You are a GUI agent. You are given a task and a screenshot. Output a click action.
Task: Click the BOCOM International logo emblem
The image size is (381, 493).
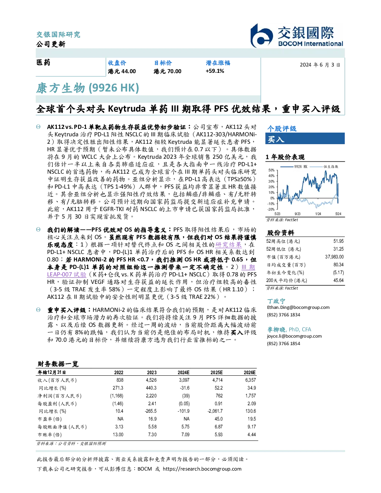(261, 36)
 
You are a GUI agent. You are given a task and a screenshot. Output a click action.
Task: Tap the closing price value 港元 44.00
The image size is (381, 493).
(122, 71)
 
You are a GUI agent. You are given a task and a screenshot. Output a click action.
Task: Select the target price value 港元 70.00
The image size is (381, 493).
(167, 71)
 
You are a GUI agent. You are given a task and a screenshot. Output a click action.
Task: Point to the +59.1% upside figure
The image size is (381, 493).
(215, 71)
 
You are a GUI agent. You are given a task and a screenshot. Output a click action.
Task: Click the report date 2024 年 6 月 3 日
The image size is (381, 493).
(320, 65)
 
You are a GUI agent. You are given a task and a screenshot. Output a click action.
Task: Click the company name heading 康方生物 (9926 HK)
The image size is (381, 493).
(87, 88)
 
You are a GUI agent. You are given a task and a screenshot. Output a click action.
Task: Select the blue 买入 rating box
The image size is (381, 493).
(305, 139)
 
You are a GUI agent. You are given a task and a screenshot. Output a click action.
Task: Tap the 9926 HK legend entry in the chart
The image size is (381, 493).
(294, 167)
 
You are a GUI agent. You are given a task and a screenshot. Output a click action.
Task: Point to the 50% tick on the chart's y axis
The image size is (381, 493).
(272, 170)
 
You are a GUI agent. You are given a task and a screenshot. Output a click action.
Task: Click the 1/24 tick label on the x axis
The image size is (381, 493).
(318, 214)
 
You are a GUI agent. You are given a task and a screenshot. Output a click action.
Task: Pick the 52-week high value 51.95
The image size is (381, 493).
(338, 241)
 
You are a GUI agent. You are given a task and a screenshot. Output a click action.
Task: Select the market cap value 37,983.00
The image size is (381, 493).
(334, 257)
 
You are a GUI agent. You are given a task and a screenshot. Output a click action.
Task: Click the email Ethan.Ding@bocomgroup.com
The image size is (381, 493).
(298, 307)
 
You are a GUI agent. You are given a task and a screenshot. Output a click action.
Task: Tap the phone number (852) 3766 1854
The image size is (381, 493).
(284, 344)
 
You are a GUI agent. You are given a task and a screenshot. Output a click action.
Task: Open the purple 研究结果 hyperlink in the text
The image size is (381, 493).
(228, 245)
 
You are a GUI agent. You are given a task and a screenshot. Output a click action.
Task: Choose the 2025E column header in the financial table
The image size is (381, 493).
(217, 372)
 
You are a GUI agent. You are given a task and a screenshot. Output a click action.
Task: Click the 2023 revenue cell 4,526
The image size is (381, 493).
(151, 380)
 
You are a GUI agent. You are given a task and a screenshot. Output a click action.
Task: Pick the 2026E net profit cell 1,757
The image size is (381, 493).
(251, 396)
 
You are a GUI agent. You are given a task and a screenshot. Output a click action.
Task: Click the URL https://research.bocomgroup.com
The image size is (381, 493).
(202, 469)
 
